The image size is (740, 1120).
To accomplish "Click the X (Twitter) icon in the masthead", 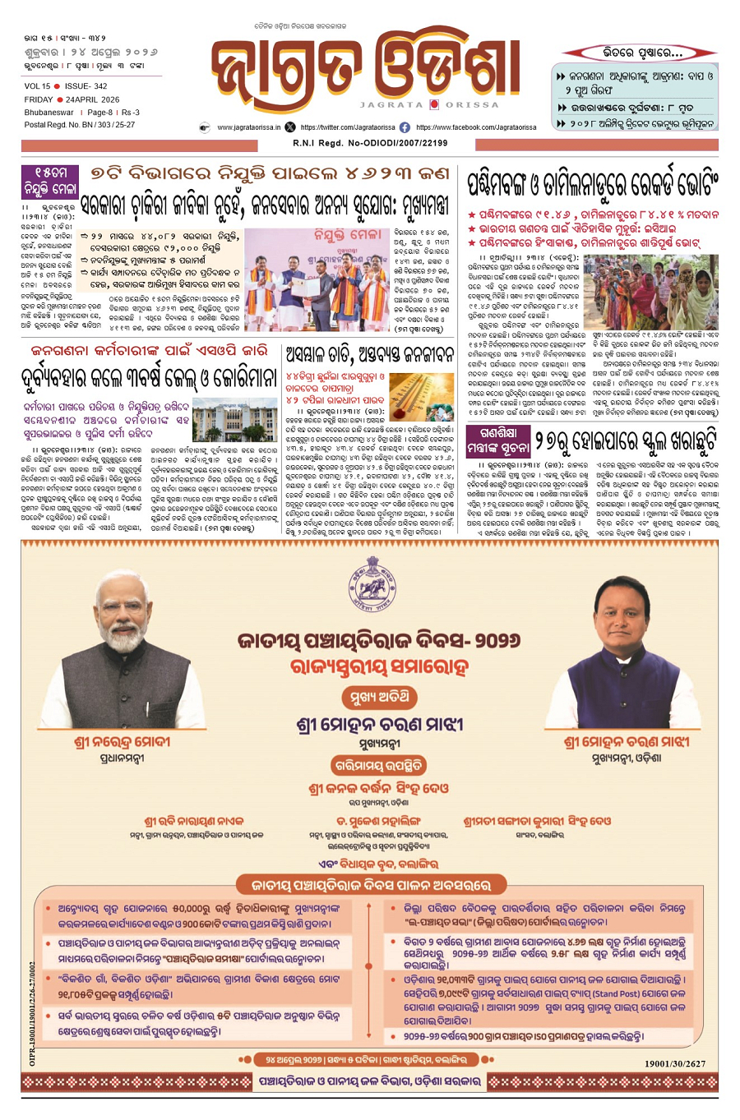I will [x=290, y=127].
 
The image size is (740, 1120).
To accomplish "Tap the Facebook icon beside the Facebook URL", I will [x=405, y=127].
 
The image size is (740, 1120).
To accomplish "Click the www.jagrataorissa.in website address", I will [x=247, y=127].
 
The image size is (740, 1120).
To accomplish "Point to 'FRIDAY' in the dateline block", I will [x=39, y=99].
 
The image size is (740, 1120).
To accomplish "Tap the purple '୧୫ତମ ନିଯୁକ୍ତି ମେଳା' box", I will [x=50, y=182].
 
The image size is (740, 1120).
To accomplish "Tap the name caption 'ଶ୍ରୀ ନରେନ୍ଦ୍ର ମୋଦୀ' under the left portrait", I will [x=122, y=742].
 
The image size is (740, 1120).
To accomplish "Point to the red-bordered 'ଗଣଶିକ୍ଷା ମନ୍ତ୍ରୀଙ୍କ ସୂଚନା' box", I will [x=497, y=439].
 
